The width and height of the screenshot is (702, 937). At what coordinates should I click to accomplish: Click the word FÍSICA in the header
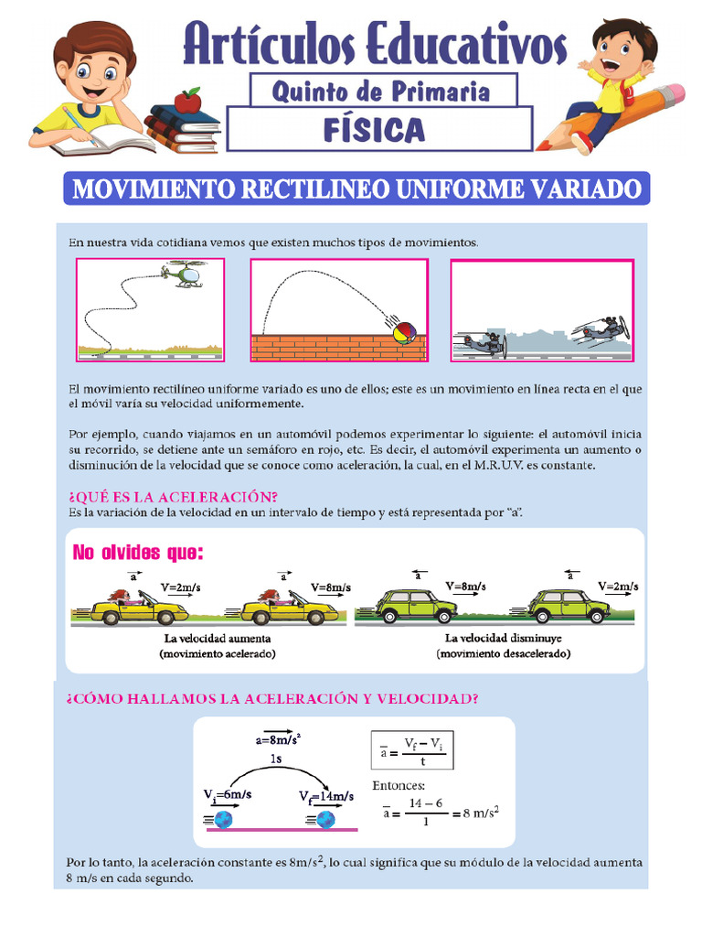tap(375, 129)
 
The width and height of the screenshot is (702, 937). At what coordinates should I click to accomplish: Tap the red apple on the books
tap(187, 100)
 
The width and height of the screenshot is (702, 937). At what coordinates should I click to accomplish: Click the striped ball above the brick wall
tap(403, 332)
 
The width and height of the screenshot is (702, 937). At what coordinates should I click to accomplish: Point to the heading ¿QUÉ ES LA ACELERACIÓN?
tap(173, 497)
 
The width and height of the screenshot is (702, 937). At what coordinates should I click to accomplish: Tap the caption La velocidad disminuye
tap(503, 638)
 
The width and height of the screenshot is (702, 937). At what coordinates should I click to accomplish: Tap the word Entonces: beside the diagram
tap(399, 786)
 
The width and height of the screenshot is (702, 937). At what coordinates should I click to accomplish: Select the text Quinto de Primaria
tap(381, 91)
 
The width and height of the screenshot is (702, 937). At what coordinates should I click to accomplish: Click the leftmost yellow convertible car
tap(139, 609)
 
